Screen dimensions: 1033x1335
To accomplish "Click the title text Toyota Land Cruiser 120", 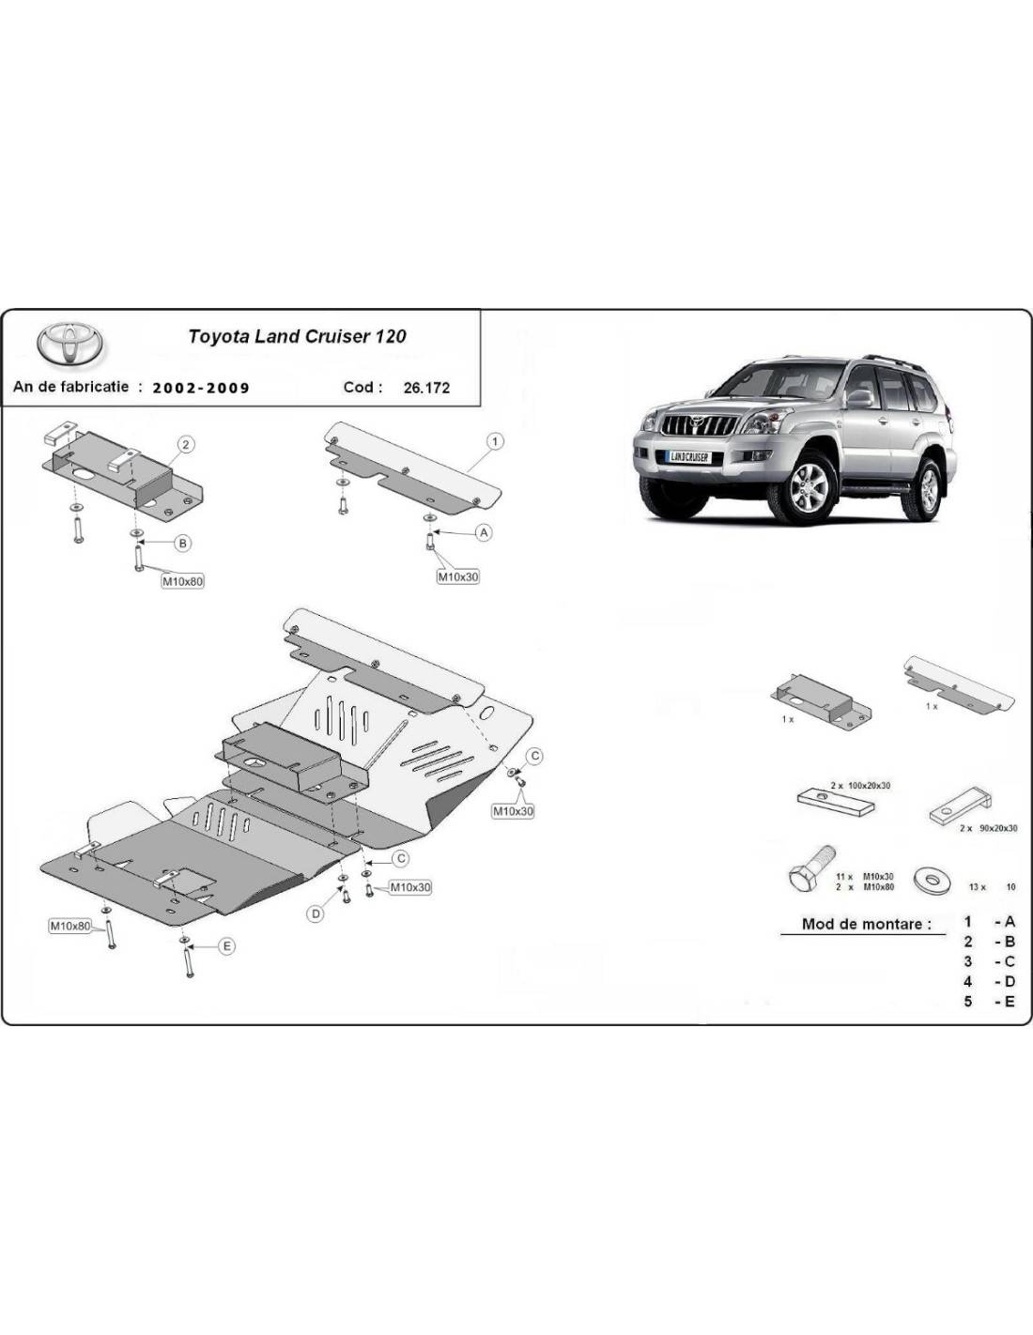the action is (x=297, y=336).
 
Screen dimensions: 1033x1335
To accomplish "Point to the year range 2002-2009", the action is (x=201, y=388).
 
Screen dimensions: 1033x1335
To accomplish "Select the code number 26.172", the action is (x=426, y=388).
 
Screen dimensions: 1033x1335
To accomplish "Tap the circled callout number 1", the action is (x=495, y=441).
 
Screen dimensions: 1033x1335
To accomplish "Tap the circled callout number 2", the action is (x=186, y=444).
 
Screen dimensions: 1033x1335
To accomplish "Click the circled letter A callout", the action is (x=485, y=532).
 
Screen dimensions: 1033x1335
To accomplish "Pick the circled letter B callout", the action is (x=182, y=543).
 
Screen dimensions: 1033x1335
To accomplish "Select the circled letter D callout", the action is (x=316, y=914).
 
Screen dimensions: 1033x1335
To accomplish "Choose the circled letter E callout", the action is (x=226, y=946).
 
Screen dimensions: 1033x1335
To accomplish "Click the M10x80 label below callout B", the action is (x=182, y=580).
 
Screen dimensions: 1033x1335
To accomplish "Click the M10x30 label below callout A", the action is (x=458, y=576).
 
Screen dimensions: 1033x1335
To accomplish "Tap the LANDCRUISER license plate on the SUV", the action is (x=689, y=457).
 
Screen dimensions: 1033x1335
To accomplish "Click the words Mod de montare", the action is (x=866, y=924).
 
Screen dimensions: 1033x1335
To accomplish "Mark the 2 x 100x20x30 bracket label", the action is (x=860, y=786).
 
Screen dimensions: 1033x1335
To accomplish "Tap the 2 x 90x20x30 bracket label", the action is (x=988, y=828).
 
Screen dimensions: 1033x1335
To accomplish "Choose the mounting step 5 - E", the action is (x=990, y=1002).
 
